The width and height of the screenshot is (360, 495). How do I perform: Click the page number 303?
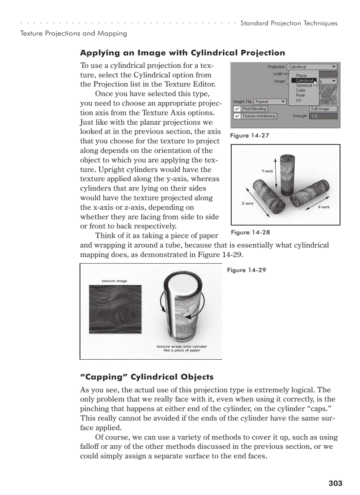(x=335, y=484)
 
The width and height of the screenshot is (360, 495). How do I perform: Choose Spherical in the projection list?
(x=304, y=86)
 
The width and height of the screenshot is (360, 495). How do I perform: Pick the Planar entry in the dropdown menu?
(x=301, y=76)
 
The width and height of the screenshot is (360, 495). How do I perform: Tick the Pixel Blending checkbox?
(x=237, y=109)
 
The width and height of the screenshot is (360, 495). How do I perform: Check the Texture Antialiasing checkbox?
(x=237, y=116)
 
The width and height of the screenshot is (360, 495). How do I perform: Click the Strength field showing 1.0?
(x=323, y=116)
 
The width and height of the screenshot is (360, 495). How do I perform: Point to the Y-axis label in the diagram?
(x=267, y=171)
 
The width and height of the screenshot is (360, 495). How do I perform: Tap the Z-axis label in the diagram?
(x=247, y=203)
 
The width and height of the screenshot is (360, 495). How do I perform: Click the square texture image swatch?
(x=115, y=309)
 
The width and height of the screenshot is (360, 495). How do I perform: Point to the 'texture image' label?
(x=114, y=281)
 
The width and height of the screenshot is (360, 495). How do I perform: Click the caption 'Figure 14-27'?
(x=249, y=136)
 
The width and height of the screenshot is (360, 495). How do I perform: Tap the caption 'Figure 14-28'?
(x=250, y=232)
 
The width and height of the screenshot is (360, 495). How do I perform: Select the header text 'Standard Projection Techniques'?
(x=289, y=23)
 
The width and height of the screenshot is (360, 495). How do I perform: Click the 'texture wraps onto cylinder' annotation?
(x=181, y=346)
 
